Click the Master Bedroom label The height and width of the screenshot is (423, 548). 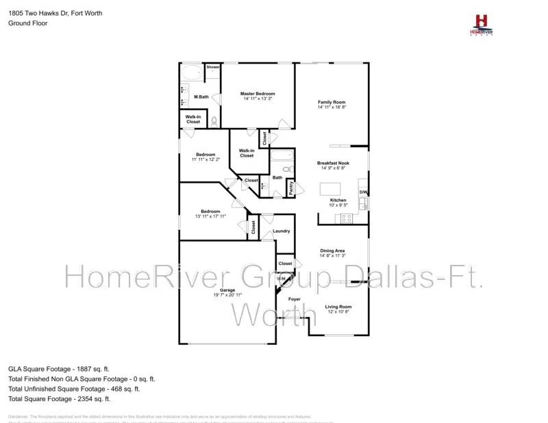[258, 94]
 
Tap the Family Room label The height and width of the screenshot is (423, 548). [332, 103]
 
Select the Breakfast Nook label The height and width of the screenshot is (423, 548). [333, 163]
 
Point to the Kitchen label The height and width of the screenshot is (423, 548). [338, 200]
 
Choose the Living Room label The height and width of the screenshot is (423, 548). [338, 307]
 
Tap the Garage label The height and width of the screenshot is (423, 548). [227, 290]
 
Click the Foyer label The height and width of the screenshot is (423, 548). [294, 300]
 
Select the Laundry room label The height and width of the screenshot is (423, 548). [281, 231]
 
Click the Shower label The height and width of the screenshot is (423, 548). [213, 67]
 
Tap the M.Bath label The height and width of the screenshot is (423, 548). [201, 97]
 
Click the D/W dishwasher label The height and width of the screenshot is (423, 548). [364, 192]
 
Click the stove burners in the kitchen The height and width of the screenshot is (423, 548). [346, 218]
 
